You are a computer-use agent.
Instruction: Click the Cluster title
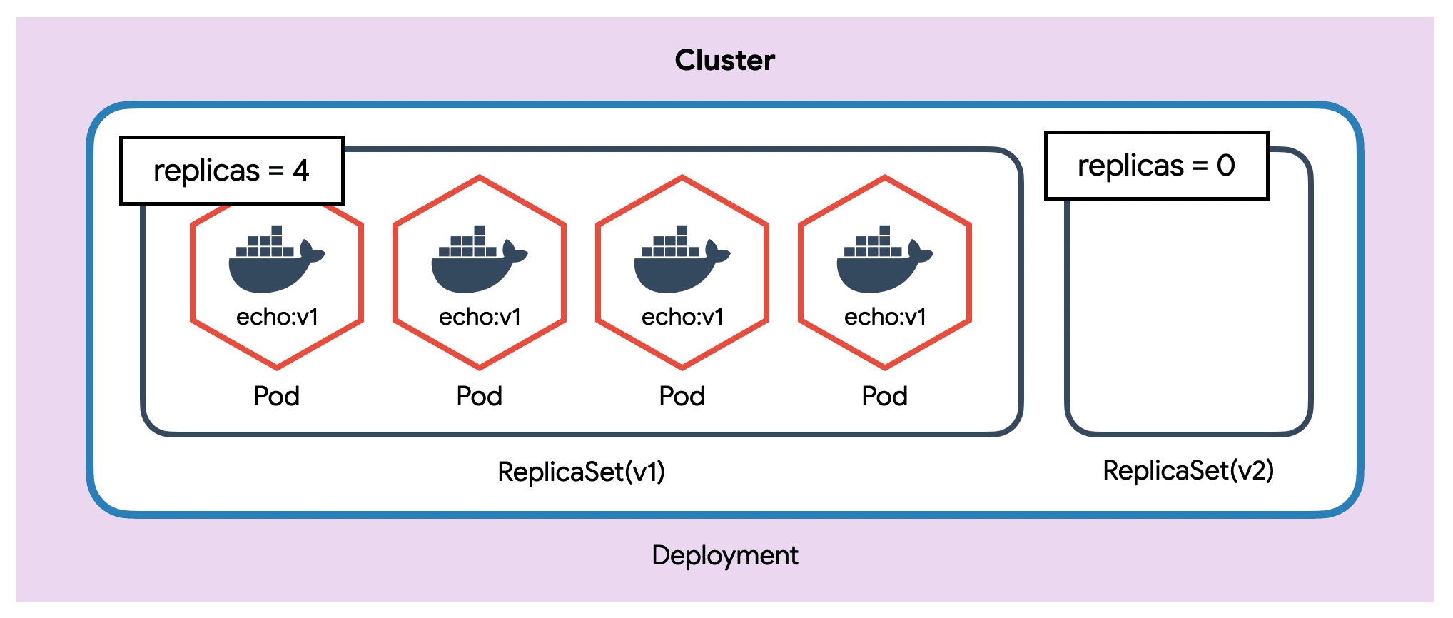[724, 61]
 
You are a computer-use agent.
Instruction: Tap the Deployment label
[724, 555]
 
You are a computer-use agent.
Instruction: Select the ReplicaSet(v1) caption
[581, 472]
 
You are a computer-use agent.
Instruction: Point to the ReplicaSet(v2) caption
[1188, 470]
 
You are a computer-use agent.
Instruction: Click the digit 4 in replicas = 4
[301, 171]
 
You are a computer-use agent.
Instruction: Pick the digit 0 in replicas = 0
[1226, 166]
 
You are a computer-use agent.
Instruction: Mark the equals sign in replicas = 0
[1200, 166]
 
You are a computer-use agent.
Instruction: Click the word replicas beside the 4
[206, 171]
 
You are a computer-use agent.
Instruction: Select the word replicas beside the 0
[1130, 166]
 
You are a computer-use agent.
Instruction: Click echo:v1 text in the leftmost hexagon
[277, 316]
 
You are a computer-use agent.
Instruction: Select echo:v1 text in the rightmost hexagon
[885, 316]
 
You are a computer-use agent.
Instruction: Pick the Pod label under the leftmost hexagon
[277, 396]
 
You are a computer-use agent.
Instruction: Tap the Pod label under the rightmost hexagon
[885, 396]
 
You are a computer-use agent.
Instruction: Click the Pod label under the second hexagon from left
[480, 396]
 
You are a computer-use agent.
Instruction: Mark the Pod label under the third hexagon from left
[682, 396]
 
